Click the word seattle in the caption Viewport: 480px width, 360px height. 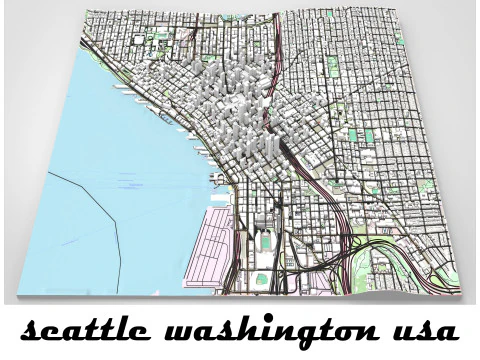coord(78,331)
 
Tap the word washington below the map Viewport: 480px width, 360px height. coord(261,331)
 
